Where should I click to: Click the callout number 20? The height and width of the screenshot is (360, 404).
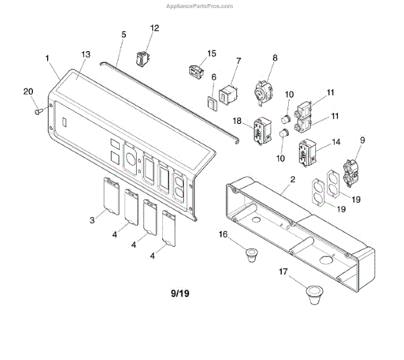pos(28,92)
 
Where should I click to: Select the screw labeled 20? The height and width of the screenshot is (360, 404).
pos(39,110)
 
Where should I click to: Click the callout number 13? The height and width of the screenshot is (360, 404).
pos(85,53)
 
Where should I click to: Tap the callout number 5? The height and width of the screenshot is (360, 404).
pos(123,34)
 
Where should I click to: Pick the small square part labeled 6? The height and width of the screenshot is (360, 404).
pos(211,103)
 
